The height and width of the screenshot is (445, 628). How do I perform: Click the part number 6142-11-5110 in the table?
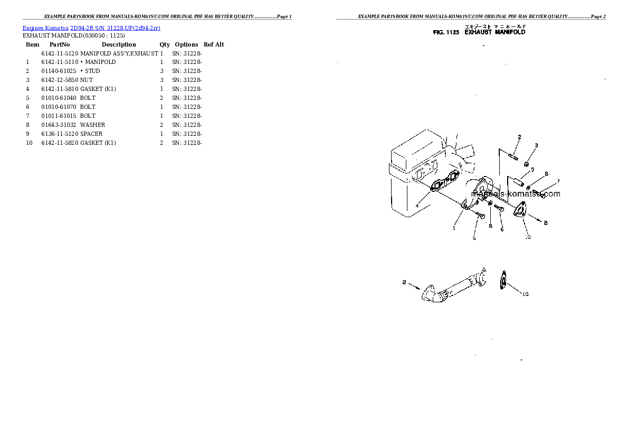(60, 62)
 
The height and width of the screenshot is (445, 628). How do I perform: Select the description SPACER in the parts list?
(91, 134)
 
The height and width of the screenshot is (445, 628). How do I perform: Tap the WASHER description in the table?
(92, 125)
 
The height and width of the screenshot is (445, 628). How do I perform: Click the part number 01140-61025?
(59, 71)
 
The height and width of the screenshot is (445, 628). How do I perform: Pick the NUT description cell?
(87, 80)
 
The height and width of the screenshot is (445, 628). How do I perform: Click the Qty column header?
(165, 44)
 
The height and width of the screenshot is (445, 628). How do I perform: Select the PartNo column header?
(60, 44)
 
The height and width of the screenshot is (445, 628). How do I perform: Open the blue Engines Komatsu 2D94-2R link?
(91, 27)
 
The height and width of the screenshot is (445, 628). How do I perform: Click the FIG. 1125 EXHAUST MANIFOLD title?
(479, 32)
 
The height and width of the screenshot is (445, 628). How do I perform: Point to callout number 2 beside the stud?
(519, 137)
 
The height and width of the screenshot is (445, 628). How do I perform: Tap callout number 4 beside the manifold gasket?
(417, 205)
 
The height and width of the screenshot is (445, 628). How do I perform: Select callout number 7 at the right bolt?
(558, 181)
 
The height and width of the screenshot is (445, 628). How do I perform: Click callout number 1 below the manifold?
(453, 228)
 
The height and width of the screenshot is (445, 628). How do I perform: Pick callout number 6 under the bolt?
(502, 229)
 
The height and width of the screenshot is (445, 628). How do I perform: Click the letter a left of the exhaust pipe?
(404, 283)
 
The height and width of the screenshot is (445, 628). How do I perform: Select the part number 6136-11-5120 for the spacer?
(60, 134)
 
